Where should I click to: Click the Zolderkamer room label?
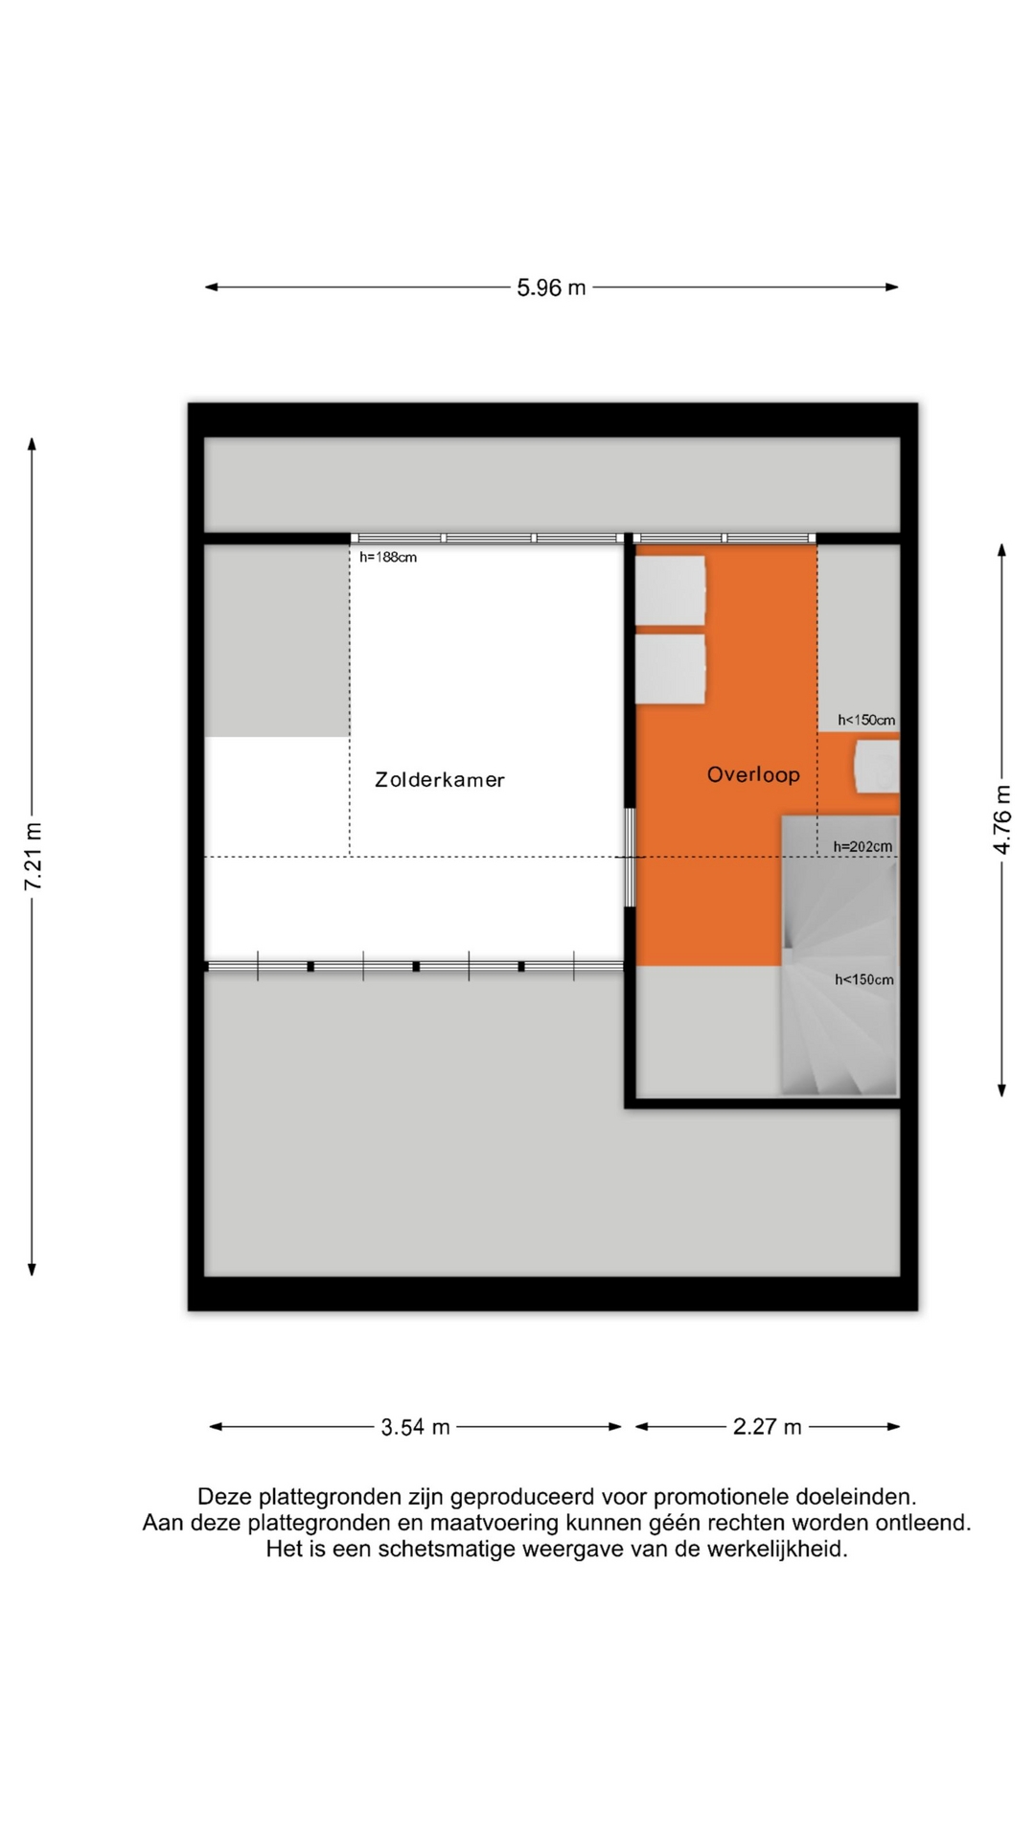[x=440, y=780]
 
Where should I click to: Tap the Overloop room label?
[x=753, y=774]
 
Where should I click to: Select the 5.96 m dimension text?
[x=551, y=287]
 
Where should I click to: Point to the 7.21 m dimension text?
[x=34, y=856]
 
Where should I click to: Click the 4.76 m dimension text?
[x=1002, y=819]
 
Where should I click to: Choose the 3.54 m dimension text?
[x=415, y=1427]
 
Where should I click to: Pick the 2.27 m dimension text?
[x=767, y=1427]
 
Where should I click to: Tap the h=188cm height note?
[x=388, y=557]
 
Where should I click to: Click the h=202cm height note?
[x=862, y=846]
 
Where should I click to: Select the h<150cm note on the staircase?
[x=864, y=979]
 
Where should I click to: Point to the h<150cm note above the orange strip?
[x=866, y=720]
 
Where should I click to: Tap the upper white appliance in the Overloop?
[x=671, y=590]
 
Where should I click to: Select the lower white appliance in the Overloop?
[x=671, y=669]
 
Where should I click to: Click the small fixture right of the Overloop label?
[x=877, y=766]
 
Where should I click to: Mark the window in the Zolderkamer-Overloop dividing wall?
[x=630, y=858]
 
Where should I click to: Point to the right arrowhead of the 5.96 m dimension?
[x=892, y=287]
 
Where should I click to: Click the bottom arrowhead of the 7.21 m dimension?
[x=32, y=1270]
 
